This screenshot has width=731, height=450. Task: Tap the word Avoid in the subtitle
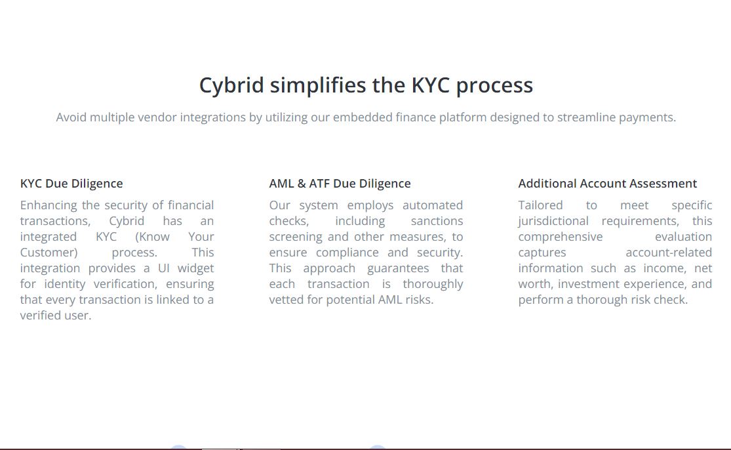coord(71,117)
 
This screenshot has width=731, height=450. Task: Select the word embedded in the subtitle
coord(363,117)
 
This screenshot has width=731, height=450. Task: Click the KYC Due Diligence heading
coord(71,184)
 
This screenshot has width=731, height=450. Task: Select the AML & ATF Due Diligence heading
coord(340,184)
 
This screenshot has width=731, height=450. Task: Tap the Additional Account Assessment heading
coord(607,184)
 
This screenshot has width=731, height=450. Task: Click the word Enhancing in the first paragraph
coord(49,205)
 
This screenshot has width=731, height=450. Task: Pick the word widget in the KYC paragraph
coord(195,268)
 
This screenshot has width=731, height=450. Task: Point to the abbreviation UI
coord(164,268)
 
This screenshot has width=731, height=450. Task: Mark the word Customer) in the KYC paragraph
coord(49,253)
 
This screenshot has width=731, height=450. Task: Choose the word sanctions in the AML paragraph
coord(437,221)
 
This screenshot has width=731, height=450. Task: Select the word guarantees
coord(398,268)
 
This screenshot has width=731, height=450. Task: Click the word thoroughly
coord(433,284)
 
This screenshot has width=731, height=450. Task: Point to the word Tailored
coord(540,205)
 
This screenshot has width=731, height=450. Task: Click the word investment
coord(589,284)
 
